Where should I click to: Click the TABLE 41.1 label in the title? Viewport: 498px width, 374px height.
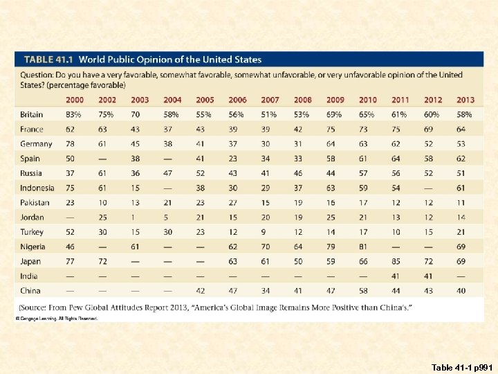coord(50,60)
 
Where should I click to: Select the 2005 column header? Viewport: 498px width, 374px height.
coord(205,100)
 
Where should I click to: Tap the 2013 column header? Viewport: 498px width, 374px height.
coord(465,100)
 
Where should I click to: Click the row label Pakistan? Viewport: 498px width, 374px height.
coord(35,203)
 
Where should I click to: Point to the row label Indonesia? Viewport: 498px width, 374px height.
coord(37,188)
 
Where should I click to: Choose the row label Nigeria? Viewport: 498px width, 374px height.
coord(33,247)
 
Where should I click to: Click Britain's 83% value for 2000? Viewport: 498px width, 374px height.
coord(74,115)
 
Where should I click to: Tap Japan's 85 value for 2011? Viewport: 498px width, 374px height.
coord(396,262)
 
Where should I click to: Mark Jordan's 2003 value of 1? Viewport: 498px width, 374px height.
coord(136,217)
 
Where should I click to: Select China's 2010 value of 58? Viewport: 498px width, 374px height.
coord(363,291)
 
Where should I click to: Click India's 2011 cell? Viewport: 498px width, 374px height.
coord(396,276)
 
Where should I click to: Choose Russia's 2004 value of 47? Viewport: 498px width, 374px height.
coord(168,173)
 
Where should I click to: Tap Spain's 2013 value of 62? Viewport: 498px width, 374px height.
coord(461,159)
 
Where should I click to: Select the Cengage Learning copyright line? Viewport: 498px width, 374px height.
coord(58,319)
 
